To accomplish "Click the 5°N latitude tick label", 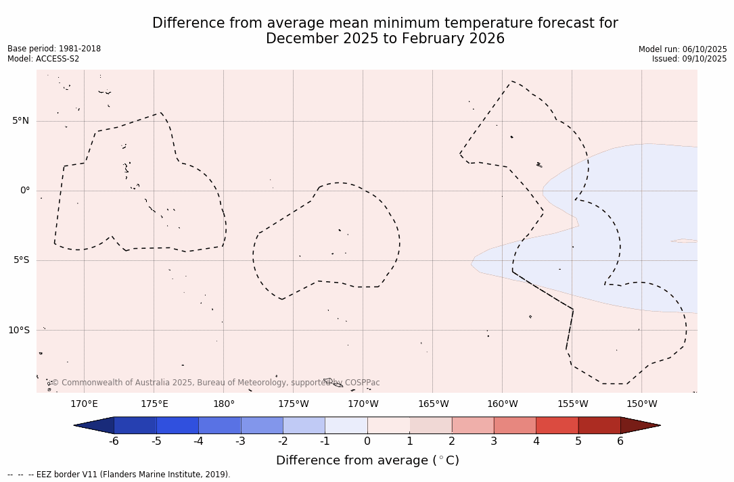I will pyautogui.click(x=20, y=121).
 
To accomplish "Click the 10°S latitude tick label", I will pyautogui.click(x=18, y=331).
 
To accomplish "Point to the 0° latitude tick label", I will pyautogui.click(x=25, y=191).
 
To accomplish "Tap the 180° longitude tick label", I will pyautogui.click(x=224, y=404).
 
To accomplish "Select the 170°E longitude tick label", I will pyautogui.click(x=84, y=404).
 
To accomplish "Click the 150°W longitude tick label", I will pyautogui.click(x=641, y=404).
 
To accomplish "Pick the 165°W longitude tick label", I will pyautogui.click(x=433, y=404).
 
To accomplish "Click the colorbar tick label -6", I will pyautogui.click(x=114, y=441).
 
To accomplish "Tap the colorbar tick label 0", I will pyautogui.click(x=367, y=441).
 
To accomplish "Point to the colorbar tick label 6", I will pyautogui.click(x=620, y=441).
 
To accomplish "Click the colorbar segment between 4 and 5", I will pyautogui.click(x=557, y=425).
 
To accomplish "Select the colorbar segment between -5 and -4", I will pyautogui.click(x=178, y=425).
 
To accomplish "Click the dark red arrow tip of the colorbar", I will pyautogui.click(x=639, y=425).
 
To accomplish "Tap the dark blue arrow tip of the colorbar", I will pyautogui.click(x=95, y=425).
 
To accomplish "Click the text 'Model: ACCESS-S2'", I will pyautogui.click(x=43, y=59).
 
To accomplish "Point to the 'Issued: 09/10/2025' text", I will pyautogui.click(x=689, y=59).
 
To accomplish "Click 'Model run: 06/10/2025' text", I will pyautogui.click(x=683, y=49).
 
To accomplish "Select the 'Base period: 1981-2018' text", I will pyautogui.click(x=54, y=49).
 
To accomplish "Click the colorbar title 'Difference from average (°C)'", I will pyautogui.click(x=367, y=460).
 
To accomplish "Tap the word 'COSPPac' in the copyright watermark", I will pyautogui.click(x=363, y=383).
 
